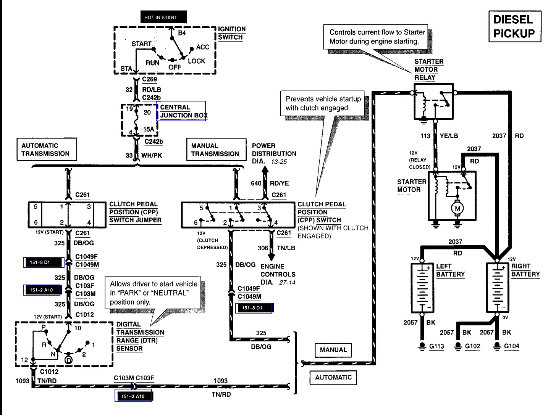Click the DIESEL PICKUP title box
515,26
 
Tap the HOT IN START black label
164,17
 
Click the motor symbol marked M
457,208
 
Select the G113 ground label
436,346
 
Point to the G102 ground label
472,346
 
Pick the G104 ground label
511,346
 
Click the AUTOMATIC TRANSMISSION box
47,149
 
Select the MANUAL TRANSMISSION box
216,149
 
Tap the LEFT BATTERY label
450,270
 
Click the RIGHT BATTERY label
525,270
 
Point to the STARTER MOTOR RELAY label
429,69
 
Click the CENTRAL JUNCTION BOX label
184,111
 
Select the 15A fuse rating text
149,129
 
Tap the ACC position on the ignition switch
203,47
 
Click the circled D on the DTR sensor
69,360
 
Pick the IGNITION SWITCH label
232,33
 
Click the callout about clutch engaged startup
322,103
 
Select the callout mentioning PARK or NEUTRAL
153,293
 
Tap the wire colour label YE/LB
449,136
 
